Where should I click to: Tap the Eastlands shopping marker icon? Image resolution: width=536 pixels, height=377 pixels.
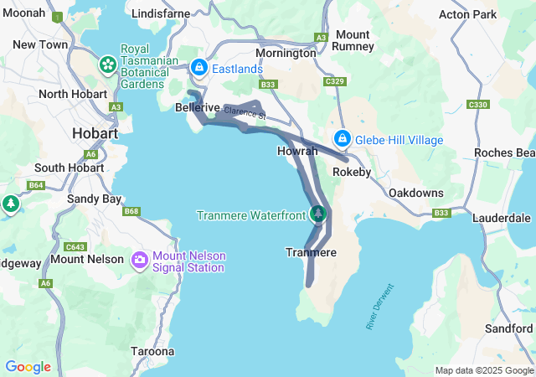(199, 68)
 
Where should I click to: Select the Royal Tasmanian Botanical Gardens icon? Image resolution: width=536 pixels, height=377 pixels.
(108, 64)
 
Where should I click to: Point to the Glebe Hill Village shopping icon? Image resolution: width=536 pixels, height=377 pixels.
(343, 138)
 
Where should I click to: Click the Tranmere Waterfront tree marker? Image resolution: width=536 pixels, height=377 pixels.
(318, 214)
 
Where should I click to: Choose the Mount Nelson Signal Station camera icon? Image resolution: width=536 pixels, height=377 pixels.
(139, 261)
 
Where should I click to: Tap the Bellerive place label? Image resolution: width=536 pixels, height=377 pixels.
(198, 108)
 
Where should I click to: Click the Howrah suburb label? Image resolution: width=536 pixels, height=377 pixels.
(297, 152)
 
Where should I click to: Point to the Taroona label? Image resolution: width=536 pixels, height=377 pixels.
(152, 351)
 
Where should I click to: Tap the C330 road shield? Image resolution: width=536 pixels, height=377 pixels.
(478, 104)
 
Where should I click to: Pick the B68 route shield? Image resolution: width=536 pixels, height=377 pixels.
(131, 211)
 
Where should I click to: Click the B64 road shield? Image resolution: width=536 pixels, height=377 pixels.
(35, 185)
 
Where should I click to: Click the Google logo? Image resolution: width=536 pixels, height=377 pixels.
(28, 367)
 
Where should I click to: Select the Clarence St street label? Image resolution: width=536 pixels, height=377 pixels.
(244, 111)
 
